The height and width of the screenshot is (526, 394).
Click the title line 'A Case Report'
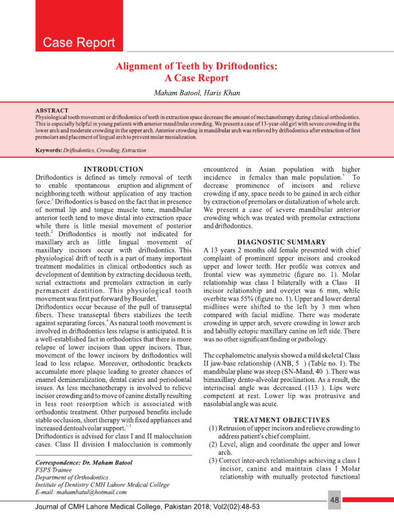196,79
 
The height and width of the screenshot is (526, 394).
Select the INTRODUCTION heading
113,169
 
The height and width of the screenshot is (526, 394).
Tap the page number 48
334,500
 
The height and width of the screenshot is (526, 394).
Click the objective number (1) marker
212,428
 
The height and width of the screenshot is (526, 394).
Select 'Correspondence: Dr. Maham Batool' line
84,462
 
